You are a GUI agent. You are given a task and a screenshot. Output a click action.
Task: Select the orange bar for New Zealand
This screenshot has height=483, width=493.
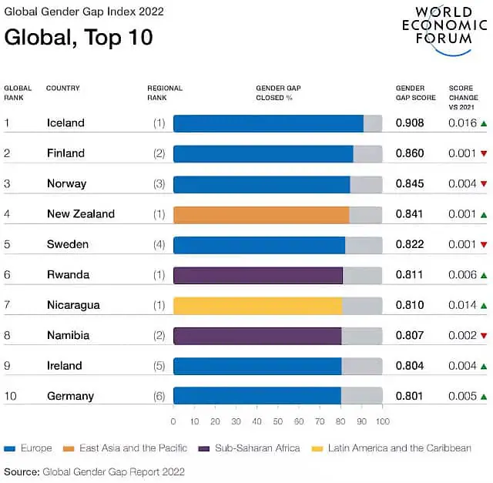point(261,214)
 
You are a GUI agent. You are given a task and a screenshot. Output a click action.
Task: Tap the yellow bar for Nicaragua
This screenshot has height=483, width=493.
point(257,305)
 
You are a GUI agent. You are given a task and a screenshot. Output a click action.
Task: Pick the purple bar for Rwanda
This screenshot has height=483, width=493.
point(258,275)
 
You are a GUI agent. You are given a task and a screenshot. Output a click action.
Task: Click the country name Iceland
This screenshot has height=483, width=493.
point(65,123)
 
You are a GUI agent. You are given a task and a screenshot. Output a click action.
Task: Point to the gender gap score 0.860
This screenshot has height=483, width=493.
point(410,153)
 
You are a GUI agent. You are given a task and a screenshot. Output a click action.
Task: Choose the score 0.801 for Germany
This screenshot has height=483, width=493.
point(410,396)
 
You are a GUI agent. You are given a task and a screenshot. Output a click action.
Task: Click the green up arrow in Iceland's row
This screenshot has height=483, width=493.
point(483,123)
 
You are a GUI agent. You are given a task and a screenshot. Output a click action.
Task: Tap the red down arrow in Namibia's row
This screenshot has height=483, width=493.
point(483,336)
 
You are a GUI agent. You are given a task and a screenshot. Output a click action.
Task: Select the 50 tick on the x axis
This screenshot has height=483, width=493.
point(278,421)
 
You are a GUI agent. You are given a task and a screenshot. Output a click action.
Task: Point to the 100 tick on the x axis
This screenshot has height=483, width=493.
point(382,421)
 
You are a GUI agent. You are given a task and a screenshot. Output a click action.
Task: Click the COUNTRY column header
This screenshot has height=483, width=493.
point(63,89)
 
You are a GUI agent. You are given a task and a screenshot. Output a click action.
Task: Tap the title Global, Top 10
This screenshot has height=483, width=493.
point(79,37)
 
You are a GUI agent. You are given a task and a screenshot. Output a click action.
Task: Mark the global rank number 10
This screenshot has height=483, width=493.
point(10,396)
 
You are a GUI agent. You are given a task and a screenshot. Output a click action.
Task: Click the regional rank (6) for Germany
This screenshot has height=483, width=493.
point(159,396)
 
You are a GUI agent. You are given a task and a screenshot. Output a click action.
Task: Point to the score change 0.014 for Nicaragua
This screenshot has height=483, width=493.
point(462,305)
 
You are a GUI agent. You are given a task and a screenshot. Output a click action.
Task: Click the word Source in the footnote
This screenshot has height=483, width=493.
point(21,471)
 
